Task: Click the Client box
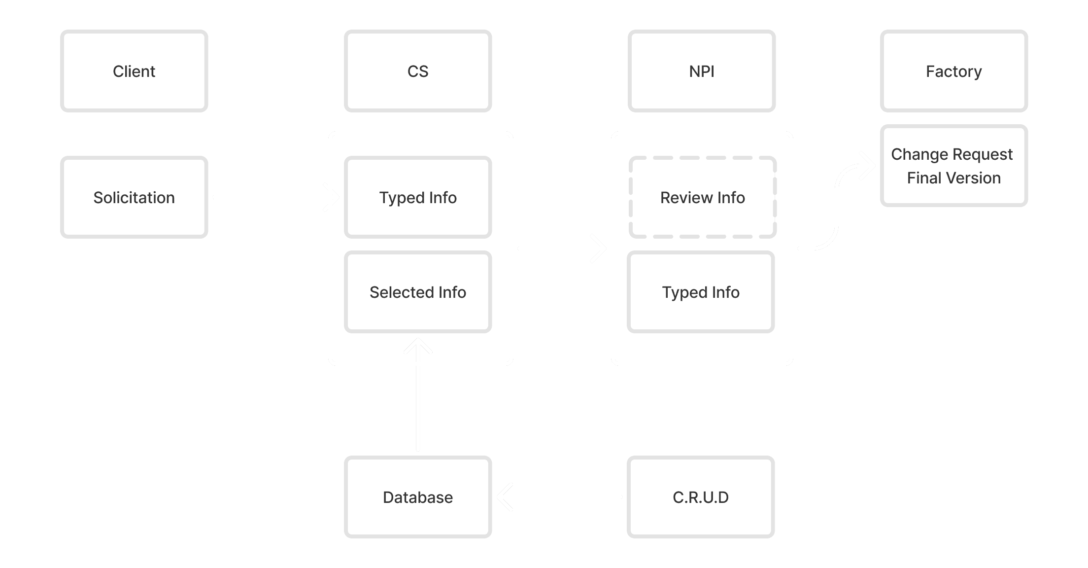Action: click(x=134, y=71)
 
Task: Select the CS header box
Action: click(x=418, y=71)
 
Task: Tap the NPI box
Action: click(x=702, y=71)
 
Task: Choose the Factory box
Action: click(x=954, y=71)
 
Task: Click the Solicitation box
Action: click(x=134, y=197)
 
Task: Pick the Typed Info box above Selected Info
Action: click(x=418, y=197)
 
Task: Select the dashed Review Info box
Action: click(x=703, y=197)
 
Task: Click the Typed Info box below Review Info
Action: click(x=701, y=292)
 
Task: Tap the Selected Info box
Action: click(x=418, y=292)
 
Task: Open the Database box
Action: click(x=418, y=497)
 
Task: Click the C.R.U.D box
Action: click(x=701, y=497)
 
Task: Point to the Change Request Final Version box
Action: click(x=954, y=166)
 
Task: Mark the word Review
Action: click(x=686, y=198)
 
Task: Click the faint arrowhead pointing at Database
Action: click(x=505, y=497)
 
